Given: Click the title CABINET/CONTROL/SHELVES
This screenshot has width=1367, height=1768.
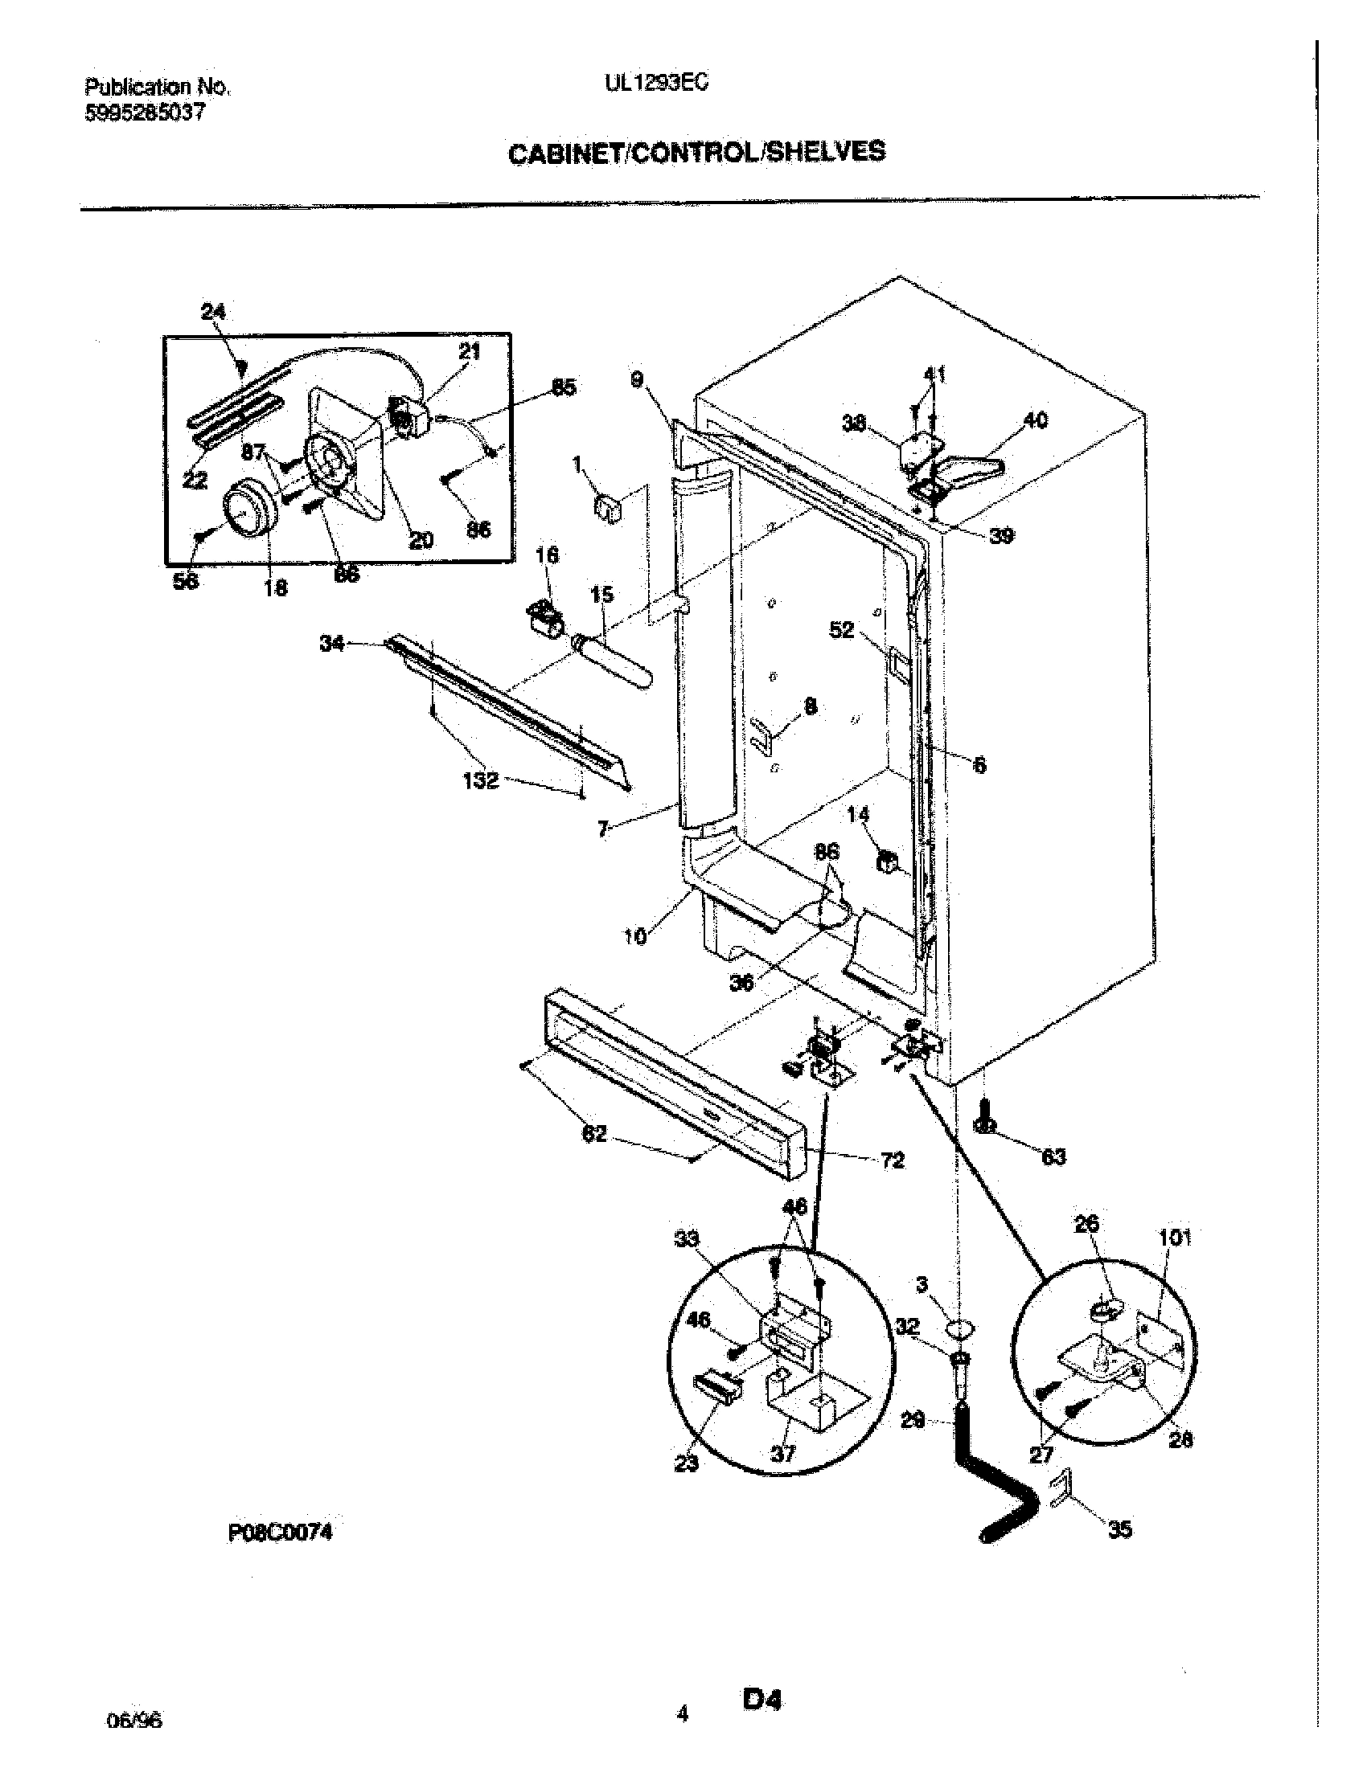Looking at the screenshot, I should [696, 152].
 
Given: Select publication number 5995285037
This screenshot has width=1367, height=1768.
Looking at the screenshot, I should [145, 113].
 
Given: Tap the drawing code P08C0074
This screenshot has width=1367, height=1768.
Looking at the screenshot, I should [281, 1531].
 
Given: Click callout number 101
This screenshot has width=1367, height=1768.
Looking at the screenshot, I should [1174, 1237].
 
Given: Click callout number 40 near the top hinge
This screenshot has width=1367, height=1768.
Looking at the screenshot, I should [1036, 419].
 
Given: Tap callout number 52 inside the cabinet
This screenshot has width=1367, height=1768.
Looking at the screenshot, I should [841, 629].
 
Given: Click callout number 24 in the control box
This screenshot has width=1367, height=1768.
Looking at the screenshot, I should [213, 311].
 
